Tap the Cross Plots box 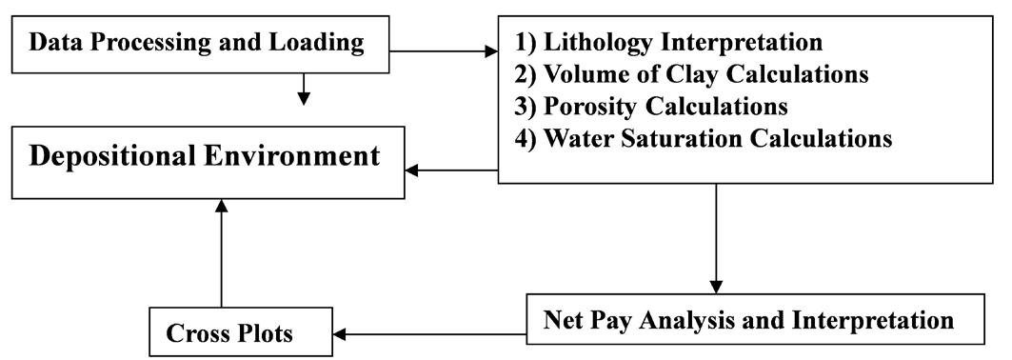(228, 334)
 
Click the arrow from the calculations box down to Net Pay (717, 238)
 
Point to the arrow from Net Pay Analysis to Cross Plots (428, 334)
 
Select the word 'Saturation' (705, 138)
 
